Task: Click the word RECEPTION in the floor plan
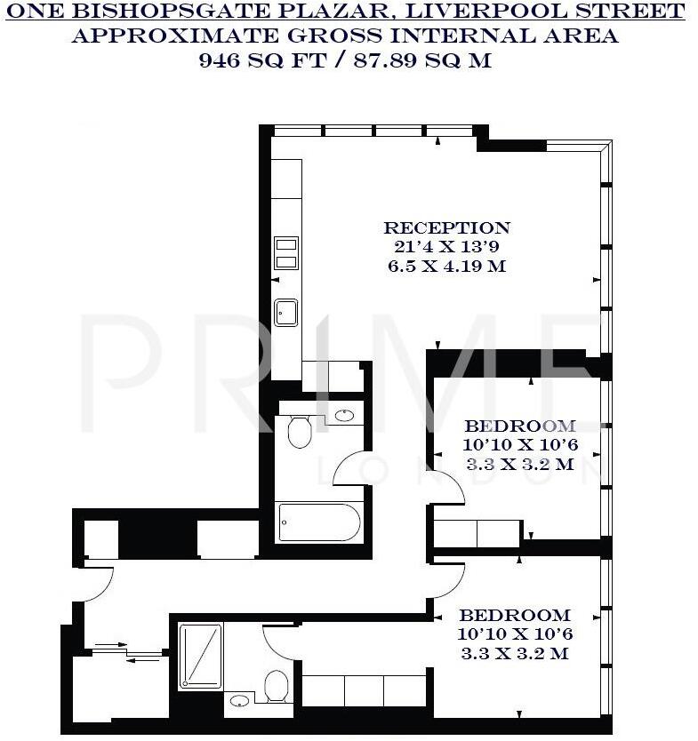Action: point(446,227)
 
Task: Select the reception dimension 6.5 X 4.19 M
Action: point(446,266)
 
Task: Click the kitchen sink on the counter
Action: point(285,313)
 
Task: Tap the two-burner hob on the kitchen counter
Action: point(285,251)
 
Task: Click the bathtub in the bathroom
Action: point(318,522)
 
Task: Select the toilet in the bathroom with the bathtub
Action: point(300,430)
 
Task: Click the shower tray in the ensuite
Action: point(200,656)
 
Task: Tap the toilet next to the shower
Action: point(277,684)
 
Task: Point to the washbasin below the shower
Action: point(239,701)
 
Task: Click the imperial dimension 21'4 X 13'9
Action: point(446,247)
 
